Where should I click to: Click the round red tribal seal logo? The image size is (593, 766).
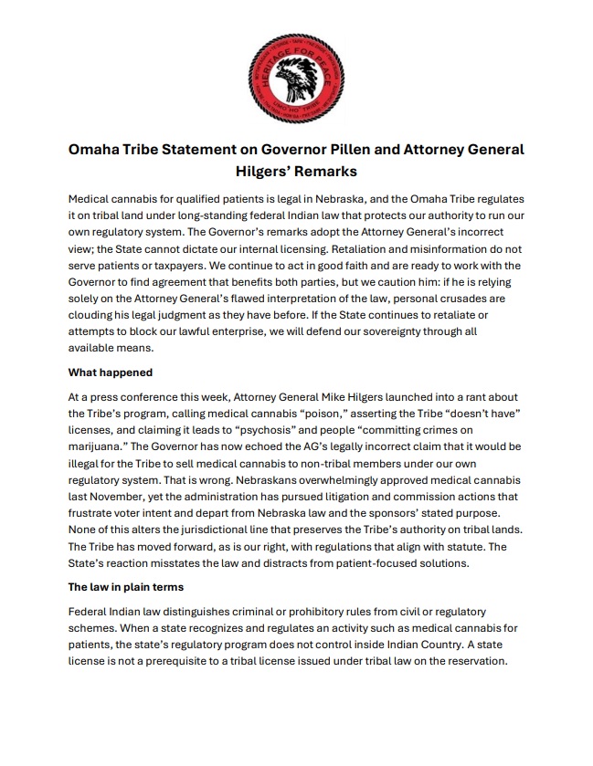(x=296, y=68)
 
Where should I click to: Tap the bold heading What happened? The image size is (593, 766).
(x=111, y=373)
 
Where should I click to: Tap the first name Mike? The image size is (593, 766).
(x=354, y=399)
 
